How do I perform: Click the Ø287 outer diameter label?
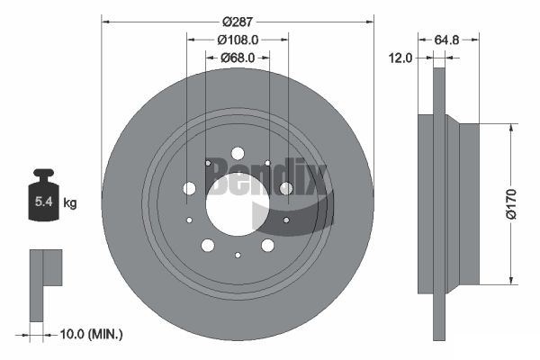pyautogui.click(x=238, y=22)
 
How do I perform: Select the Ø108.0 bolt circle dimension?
pyautogui.click(x=238, y=40)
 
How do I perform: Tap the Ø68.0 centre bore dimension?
pyautogui.click(x=238, y=58)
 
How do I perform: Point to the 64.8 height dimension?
pyautogui.click(x=446, y=40)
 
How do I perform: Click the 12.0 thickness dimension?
pyautogui.click(x=400, y=58)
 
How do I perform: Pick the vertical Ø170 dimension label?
pyautogui.click(x=511, y=204)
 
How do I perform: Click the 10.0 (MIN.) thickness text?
pyautogui.click(x=91, y=334)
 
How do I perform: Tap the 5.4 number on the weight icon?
pyautogui.click(x=44, y=202)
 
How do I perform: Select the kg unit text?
pyautogui.click(x=70, y=203)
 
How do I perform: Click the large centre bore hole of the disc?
pyautogui.click(x=238, y=204)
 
